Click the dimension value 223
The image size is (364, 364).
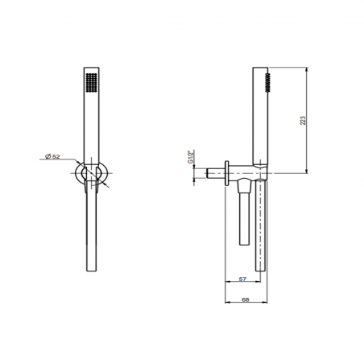click(x=303, y=120)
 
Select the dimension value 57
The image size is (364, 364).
click(x=242, y=279)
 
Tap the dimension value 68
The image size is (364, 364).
click(x=246, y=300)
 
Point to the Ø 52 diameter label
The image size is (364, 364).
click(x=52, y=156)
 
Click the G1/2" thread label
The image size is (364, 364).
click(x=191, y=157)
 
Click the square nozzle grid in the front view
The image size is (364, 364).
click(x=91, y=82)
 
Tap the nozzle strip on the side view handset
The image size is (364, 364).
click(x=267, y=82)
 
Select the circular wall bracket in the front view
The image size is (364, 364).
click(x=77, y=173)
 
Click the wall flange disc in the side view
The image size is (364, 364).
click(x=227, y=173)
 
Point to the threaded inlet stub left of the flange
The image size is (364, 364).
click(x=216, y=173)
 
